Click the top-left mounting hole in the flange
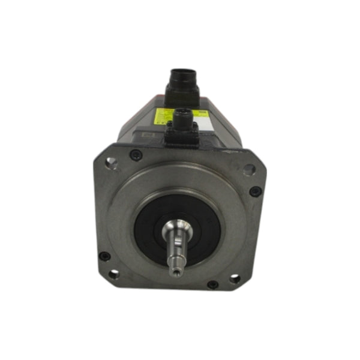point(110,161)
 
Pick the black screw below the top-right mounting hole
point(256,191)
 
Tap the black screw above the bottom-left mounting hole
point(104,256)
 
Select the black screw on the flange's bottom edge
point(212,284)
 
